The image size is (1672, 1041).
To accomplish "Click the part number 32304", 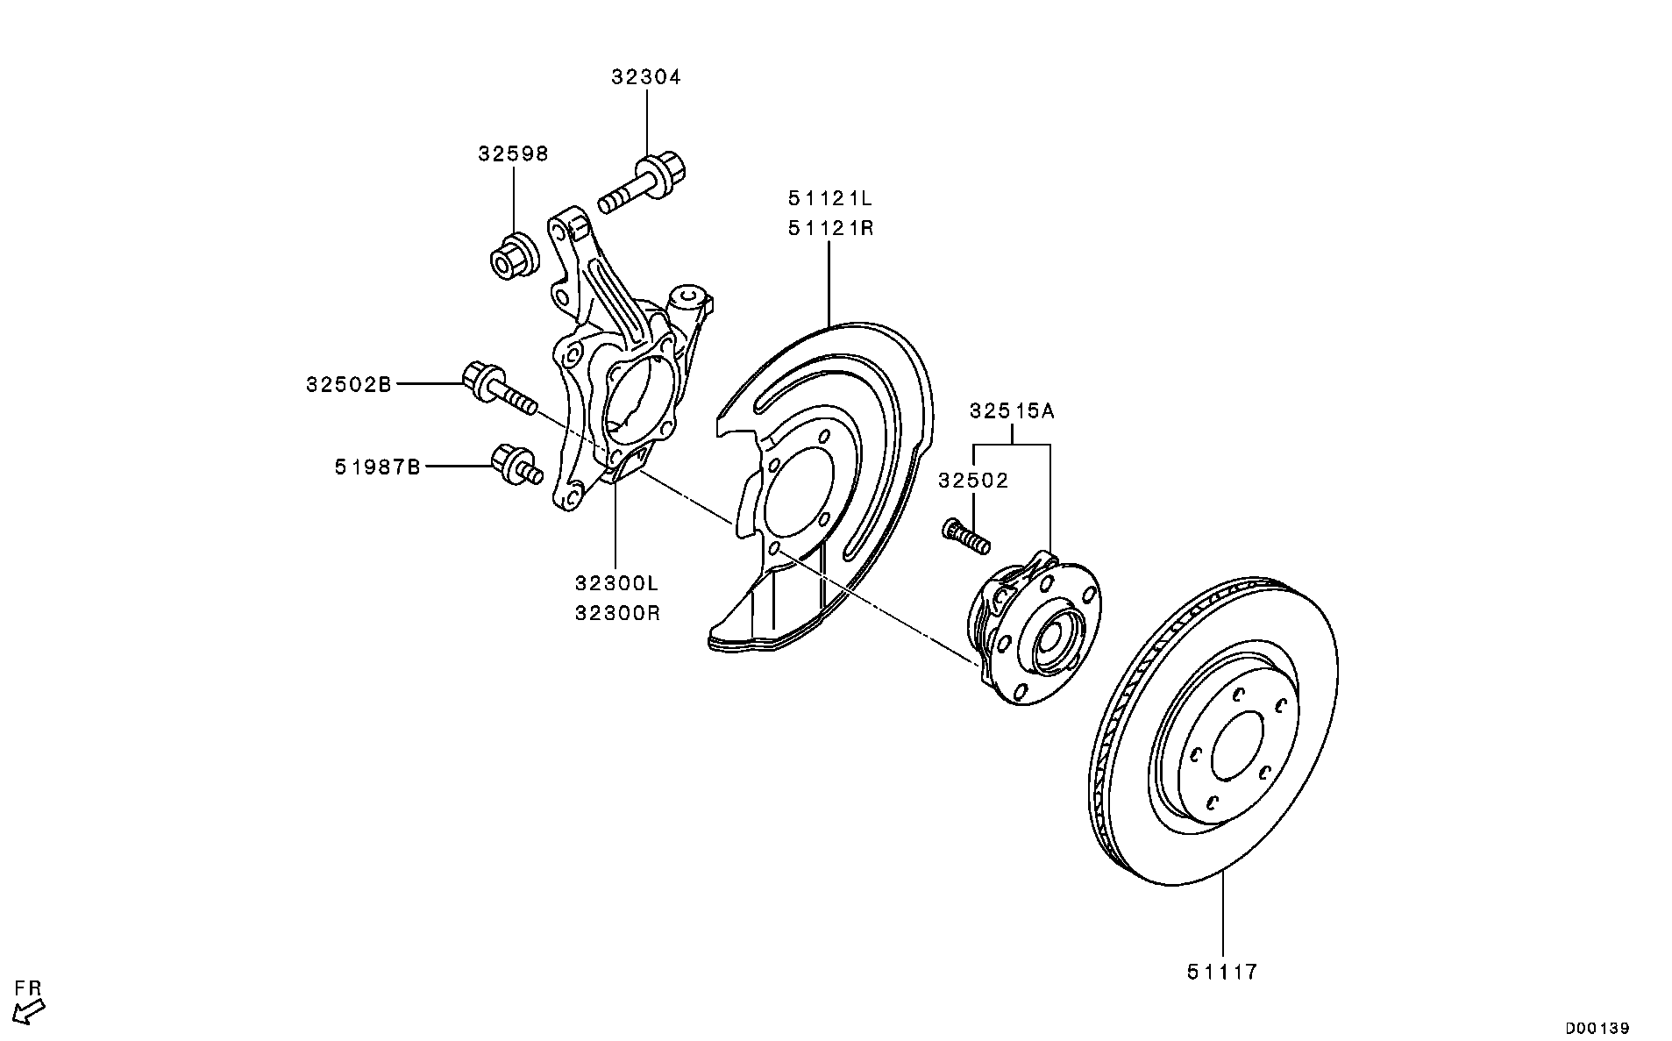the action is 646,77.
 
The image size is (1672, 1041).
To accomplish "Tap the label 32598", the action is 513,154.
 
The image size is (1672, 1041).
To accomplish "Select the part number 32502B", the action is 349,384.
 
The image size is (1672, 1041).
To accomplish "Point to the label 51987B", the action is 377,467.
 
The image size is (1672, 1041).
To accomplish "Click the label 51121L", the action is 830,198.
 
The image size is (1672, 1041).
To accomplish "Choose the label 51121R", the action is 830,229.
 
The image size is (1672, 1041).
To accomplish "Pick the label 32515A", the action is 1012,410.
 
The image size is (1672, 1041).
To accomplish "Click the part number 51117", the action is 1222,972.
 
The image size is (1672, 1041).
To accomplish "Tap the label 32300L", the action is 616,583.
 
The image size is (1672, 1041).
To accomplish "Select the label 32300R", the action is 616,613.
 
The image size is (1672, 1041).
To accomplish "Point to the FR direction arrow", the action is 31,1013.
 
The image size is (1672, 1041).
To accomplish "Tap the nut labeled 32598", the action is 511,254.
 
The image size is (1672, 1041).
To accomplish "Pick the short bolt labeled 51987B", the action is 516,465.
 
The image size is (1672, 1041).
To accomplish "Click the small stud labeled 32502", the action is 965,536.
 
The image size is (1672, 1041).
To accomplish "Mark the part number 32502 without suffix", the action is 973,481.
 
